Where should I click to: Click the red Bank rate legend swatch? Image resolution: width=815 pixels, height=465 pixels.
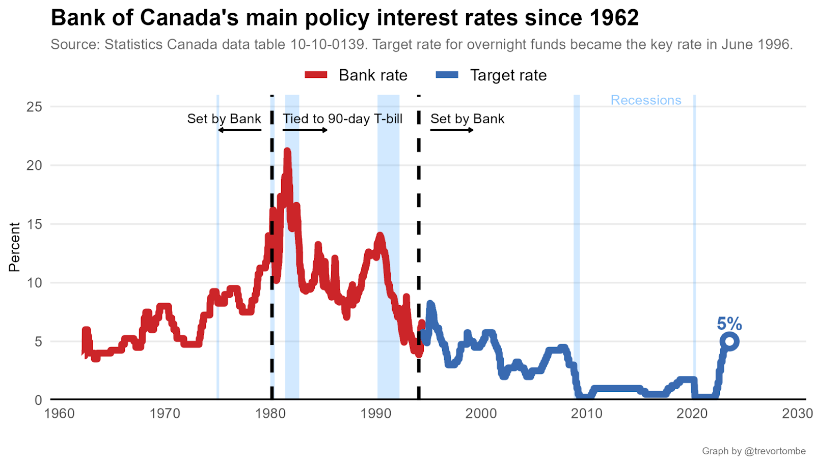[x=316, y=75]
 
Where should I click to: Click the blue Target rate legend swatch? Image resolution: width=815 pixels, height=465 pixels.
[x=447, y=75]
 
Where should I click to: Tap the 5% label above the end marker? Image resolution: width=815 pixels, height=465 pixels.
[x=729, y=324]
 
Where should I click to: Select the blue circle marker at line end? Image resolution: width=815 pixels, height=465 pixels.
[x=729, y=341]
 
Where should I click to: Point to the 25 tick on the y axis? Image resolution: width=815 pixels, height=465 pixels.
[x=34, y=107]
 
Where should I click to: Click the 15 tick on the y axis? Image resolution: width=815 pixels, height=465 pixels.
[x=34, y=224]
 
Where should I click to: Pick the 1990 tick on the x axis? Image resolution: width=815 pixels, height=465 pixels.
[x=376, y=414]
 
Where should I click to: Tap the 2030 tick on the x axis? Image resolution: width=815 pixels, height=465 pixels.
[x=797, y=414]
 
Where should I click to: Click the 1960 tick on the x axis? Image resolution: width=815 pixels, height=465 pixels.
[x=60, y=414]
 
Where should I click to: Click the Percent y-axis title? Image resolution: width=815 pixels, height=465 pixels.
[x=14, y=247]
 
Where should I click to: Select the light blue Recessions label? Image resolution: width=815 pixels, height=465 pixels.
[x=645, y=100]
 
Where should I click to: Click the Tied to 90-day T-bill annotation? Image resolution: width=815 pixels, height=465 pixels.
[x=342, y=119]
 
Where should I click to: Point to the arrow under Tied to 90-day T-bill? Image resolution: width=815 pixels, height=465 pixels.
[x=305, y=130]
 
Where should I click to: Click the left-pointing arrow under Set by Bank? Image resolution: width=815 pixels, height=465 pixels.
[x=239, y=130]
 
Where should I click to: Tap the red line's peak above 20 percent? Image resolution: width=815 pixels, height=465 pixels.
[x=287, y=152]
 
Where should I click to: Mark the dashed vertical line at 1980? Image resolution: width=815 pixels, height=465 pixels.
[x=271, y=305]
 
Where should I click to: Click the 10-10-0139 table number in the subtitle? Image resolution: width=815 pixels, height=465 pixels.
[x=327, y=45]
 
